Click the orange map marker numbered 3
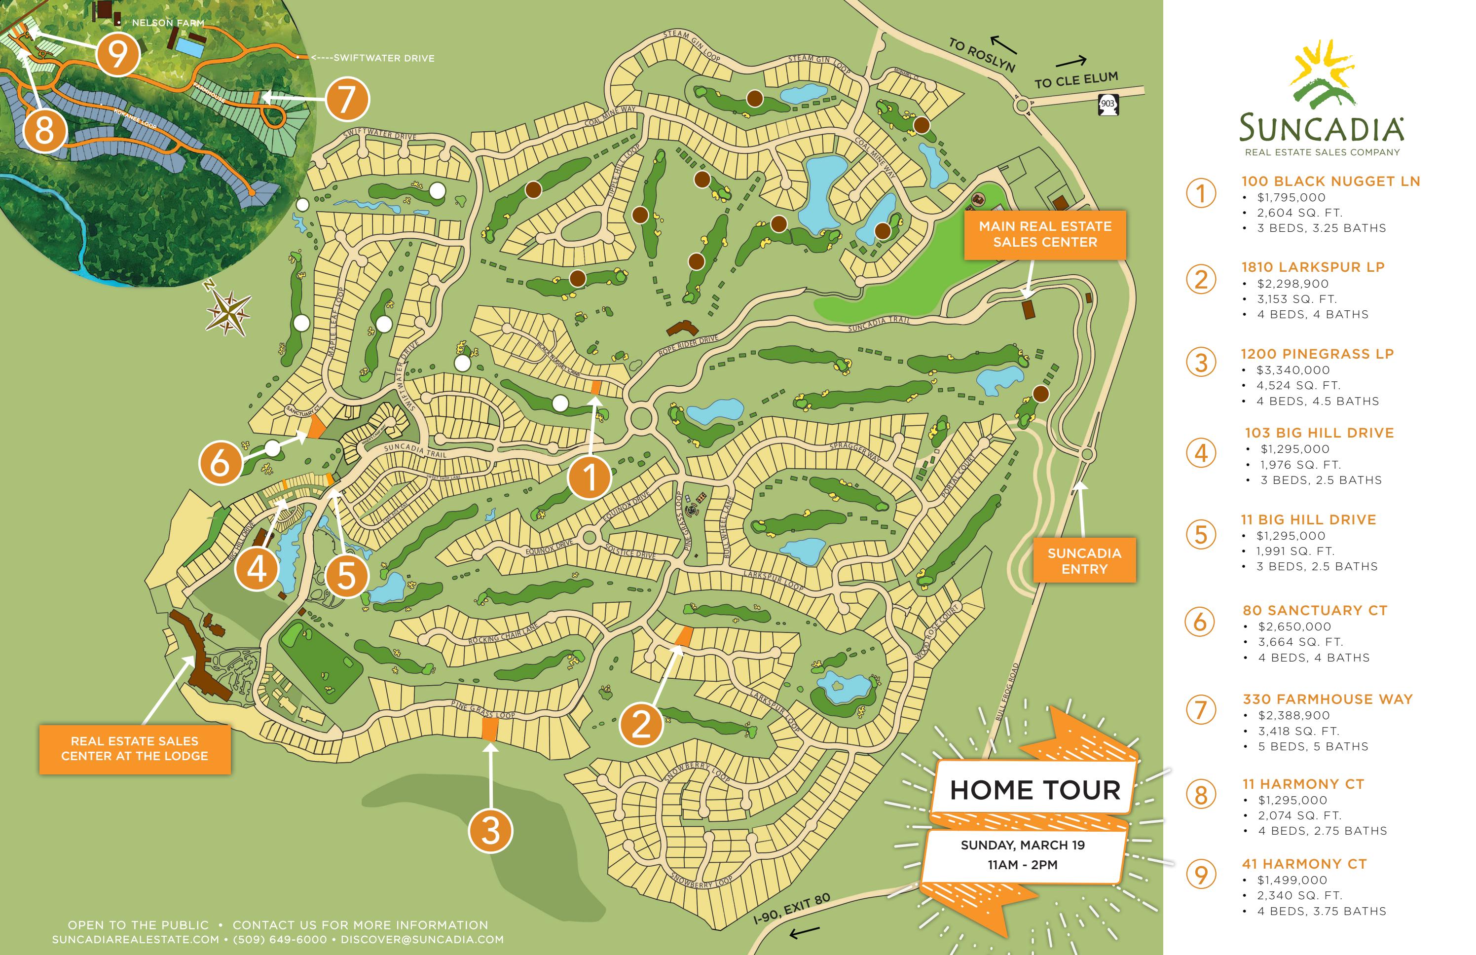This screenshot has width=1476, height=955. [x=490, y=830]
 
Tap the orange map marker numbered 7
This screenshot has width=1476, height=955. [x=347, y=99]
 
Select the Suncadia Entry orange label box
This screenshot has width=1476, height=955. [x=1084, y=560]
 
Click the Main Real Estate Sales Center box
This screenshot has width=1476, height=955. [x=1044, y=234]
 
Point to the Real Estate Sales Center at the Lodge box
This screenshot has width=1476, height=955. [x=135, y=748]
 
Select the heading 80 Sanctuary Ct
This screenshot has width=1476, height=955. [x=1314, y=610]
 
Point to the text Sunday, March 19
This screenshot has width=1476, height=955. [x=1022, y=845]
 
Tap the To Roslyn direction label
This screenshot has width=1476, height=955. [x=981, y=55]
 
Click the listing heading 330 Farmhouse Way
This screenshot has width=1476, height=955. [x=1327, y=699]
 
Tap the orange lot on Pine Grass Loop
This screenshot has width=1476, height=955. [x=489, y=729]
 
